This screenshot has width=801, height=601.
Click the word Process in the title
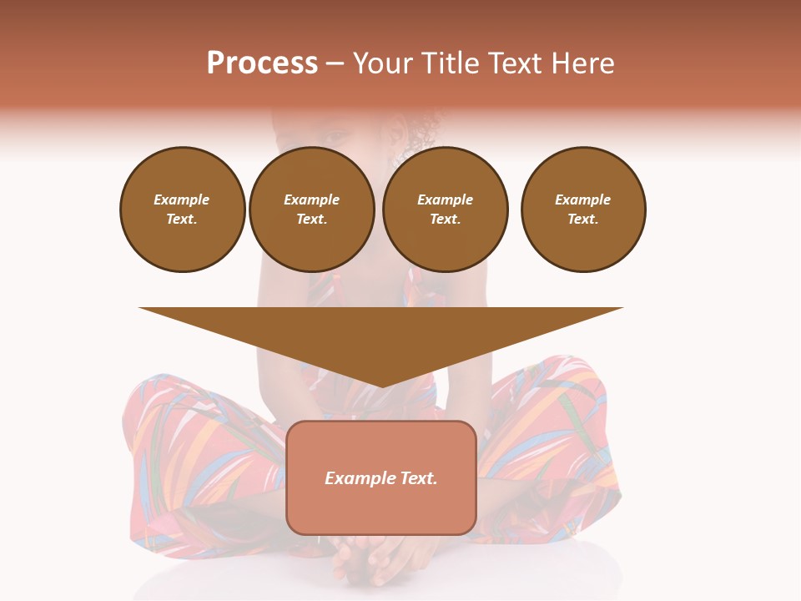click(262, 63)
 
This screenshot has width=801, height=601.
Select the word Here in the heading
click(582, 63)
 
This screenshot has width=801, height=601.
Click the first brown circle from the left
click(183, 210)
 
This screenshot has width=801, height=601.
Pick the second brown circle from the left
click(312, 210)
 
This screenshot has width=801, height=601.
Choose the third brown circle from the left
click(445, 210)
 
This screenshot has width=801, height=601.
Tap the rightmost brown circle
click(583, 210)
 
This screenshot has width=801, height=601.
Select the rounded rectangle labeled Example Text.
click(381, 477)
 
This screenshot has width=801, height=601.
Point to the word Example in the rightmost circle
click(583, 199)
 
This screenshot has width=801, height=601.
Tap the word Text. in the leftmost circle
click(183, 220)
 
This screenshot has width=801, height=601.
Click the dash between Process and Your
click(335, 63)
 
